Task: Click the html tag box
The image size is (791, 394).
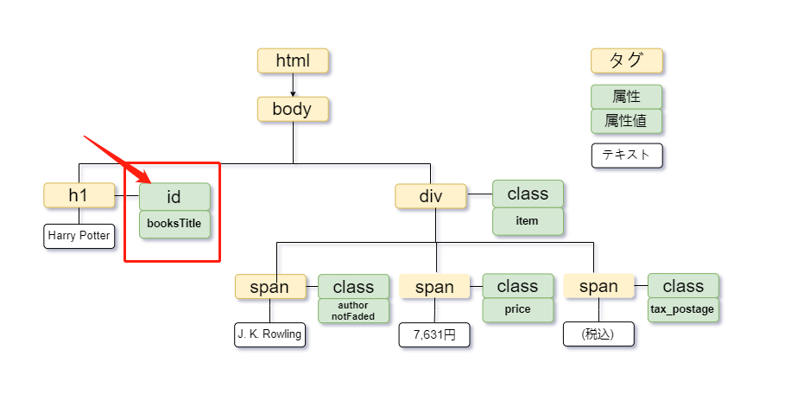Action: [x=293, y=60]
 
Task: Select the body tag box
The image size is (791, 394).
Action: [x=293, y=109]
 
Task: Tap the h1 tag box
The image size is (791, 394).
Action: [x=79, y=195]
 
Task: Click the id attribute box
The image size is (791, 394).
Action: [x=174, y=196]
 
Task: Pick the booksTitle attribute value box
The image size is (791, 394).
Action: [x=174, y=224]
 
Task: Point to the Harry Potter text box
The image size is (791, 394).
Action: [x=79, y=236]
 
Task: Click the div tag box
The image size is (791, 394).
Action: [x=430, y=196]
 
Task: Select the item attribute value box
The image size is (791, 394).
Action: [x=528, y=221]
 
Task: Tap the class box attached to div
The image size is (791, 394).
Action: [x=528, y=194]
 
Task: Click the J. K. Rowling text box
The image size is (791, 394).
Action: [x=270, y=334]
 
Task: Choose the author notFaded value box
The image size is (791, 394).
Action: [x=353, y=311]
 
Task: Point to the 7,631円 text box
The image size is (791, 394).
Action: [x=434, y=334]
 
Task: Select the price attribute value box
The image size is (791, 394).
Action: [x=517, y=309]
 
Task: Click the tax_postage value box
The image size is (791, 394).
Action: [x=683, y=309]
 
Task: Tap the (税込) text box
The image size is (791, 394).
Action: [x=598, y=334]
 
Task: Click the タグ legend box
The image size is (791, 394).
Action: [x=627, y=60]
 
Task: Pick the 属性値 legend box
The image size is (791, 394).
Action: [x=627, y=121]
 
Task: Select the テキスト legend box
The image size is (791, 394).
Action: [x=627, y=156]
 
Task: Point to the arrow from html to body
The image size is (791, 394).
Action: [x=293, y=85]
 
